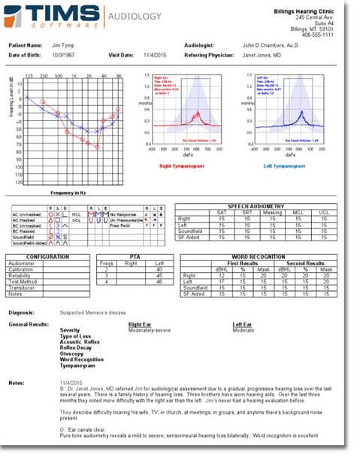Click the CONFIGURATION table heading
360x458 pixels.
48,257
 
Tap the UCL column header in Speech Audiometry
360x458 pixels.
325,212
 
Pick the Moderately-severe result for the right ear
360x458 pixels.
150,329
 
